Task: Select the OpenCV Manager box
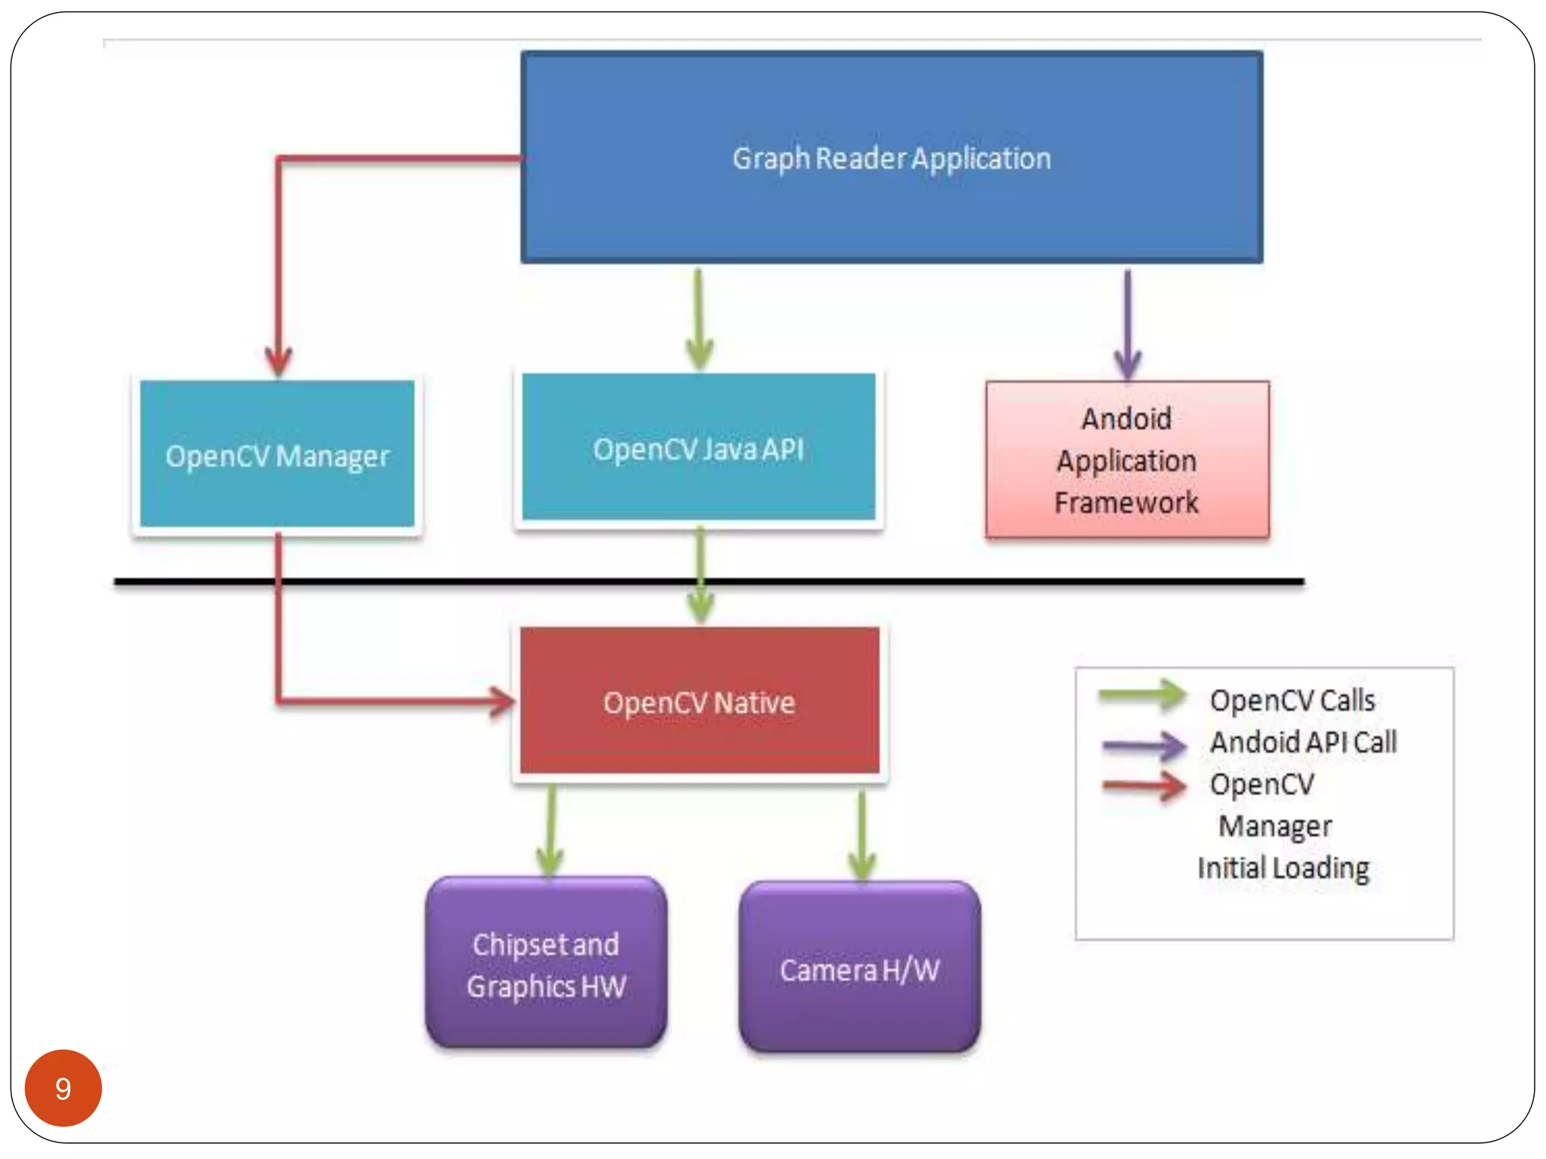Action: pyautogui.click(x=277, y=455)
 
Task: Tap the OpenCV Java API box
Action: pyautogui.click(x=698, y=448)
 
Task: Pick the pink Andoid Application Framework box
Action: pyautogui.click(x=1126, y=460)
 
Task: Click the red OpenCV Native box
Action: pyautogui.click(x=699, y=702)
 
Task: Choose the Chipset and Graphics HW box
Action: pyautogui.click(x=546, y=964)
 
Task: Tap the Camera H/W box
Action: pyautogui.click(x=860, y=969)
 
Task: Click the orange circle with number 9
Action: pyautogui.click(x=63, y=1087)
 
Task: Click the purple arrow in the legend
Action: pyautogui.click(x=1144, y=746)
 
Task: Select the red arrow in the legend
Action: pyautogui.click(x=1144, y=786)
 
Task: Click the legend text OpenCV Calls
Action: pyautogui.click(x=1292, y=700)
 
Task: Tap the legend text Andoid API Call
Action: pyautogui.click(x=1304, y=742)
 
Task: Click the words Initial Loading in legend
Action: pyautogui.click(x=1283, y=868)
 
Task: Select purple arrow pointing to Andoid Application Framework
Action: pyautogui.click(x=1128, y=324)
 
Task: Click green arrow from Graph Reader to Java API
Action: pyautogui.click(x=699, y=321)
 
